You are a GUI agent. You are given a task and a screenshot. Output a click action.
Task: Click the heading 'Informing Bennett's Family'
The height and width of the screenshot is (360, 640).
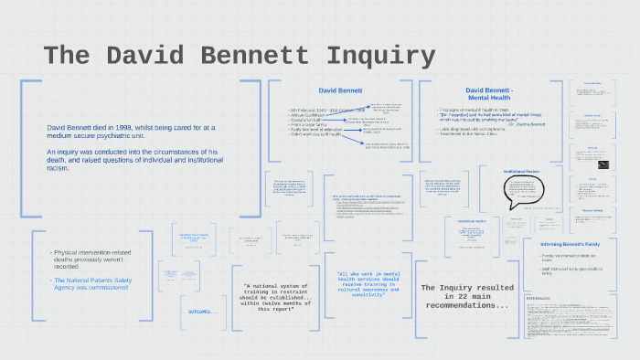click(575, 244)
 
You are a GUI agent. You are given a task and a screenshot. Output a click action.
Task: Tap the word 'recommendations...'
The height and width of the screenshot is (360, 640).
click(467, 306)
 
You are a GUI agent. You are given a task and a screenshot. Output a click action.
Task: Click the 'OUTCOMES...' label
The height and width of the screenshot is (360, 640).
click(202, 311)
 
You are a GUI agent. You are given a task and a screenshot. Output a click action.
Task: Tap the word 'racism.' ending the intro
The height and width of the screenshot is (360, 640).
click(59, 168)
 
